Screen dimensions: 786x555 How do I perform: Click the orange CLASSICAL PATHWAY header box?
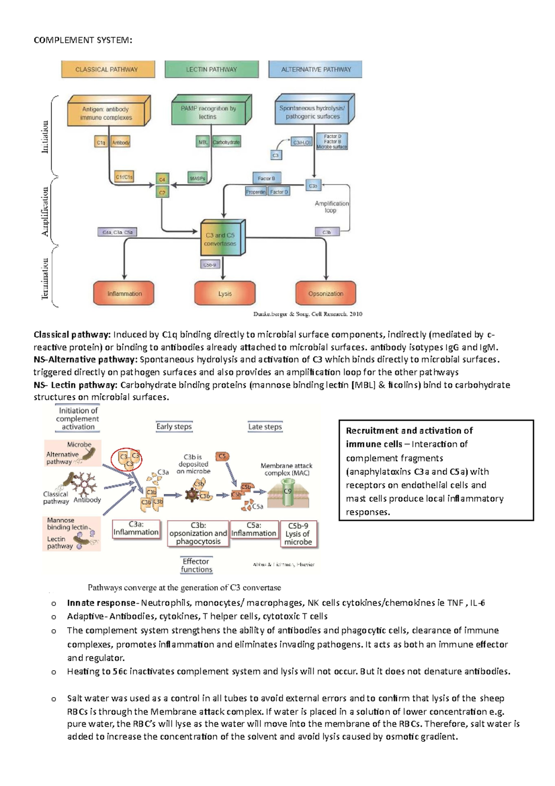point(107,69)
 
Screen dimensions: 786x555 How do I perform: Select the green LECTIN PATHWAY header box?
point(211,69)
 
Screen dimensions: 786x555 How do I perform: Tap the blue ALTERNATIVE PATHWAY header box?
point(315,69)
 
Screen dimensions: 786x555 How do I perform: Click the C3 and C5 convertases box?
point(221,239)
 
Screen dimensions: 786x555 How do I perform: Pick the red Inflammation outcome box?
point(124,293)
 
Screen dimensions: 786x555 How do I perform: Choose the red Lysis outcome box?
point(225,293)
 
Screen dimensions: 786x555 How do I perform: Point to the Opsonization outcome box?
point(326,293)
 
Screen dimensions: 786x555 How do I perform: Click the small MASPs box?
point(197,178)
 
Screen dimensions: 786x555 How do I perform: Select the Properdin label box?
point(256,192)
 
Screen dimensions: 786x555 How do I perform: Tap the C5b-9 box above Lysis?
point(210,265)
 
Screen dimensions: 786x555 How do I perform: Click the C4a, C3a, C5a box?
point(117,232)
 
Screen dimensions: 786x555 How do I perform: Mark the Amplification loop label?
point(331,206)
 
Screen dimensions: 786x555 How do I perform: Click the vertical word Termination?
point(45,279)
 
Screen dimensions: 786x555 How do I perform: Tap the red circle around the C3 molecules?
point(127,459)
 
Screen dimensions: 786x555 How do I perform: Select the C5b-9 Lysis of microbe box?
point(298,534)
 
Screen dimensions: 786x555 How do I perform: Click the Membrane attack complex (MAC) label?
point(286,469)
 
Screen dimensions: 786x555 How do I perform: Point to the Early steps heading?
point(174,426)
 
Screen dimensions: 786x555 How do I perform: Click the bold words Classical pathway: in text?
point(72,335)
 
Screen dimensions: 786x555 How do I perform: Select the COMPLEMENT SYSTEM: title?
point(83,40)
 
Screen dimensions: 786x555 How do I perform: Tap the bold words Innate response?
point(101,603)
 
